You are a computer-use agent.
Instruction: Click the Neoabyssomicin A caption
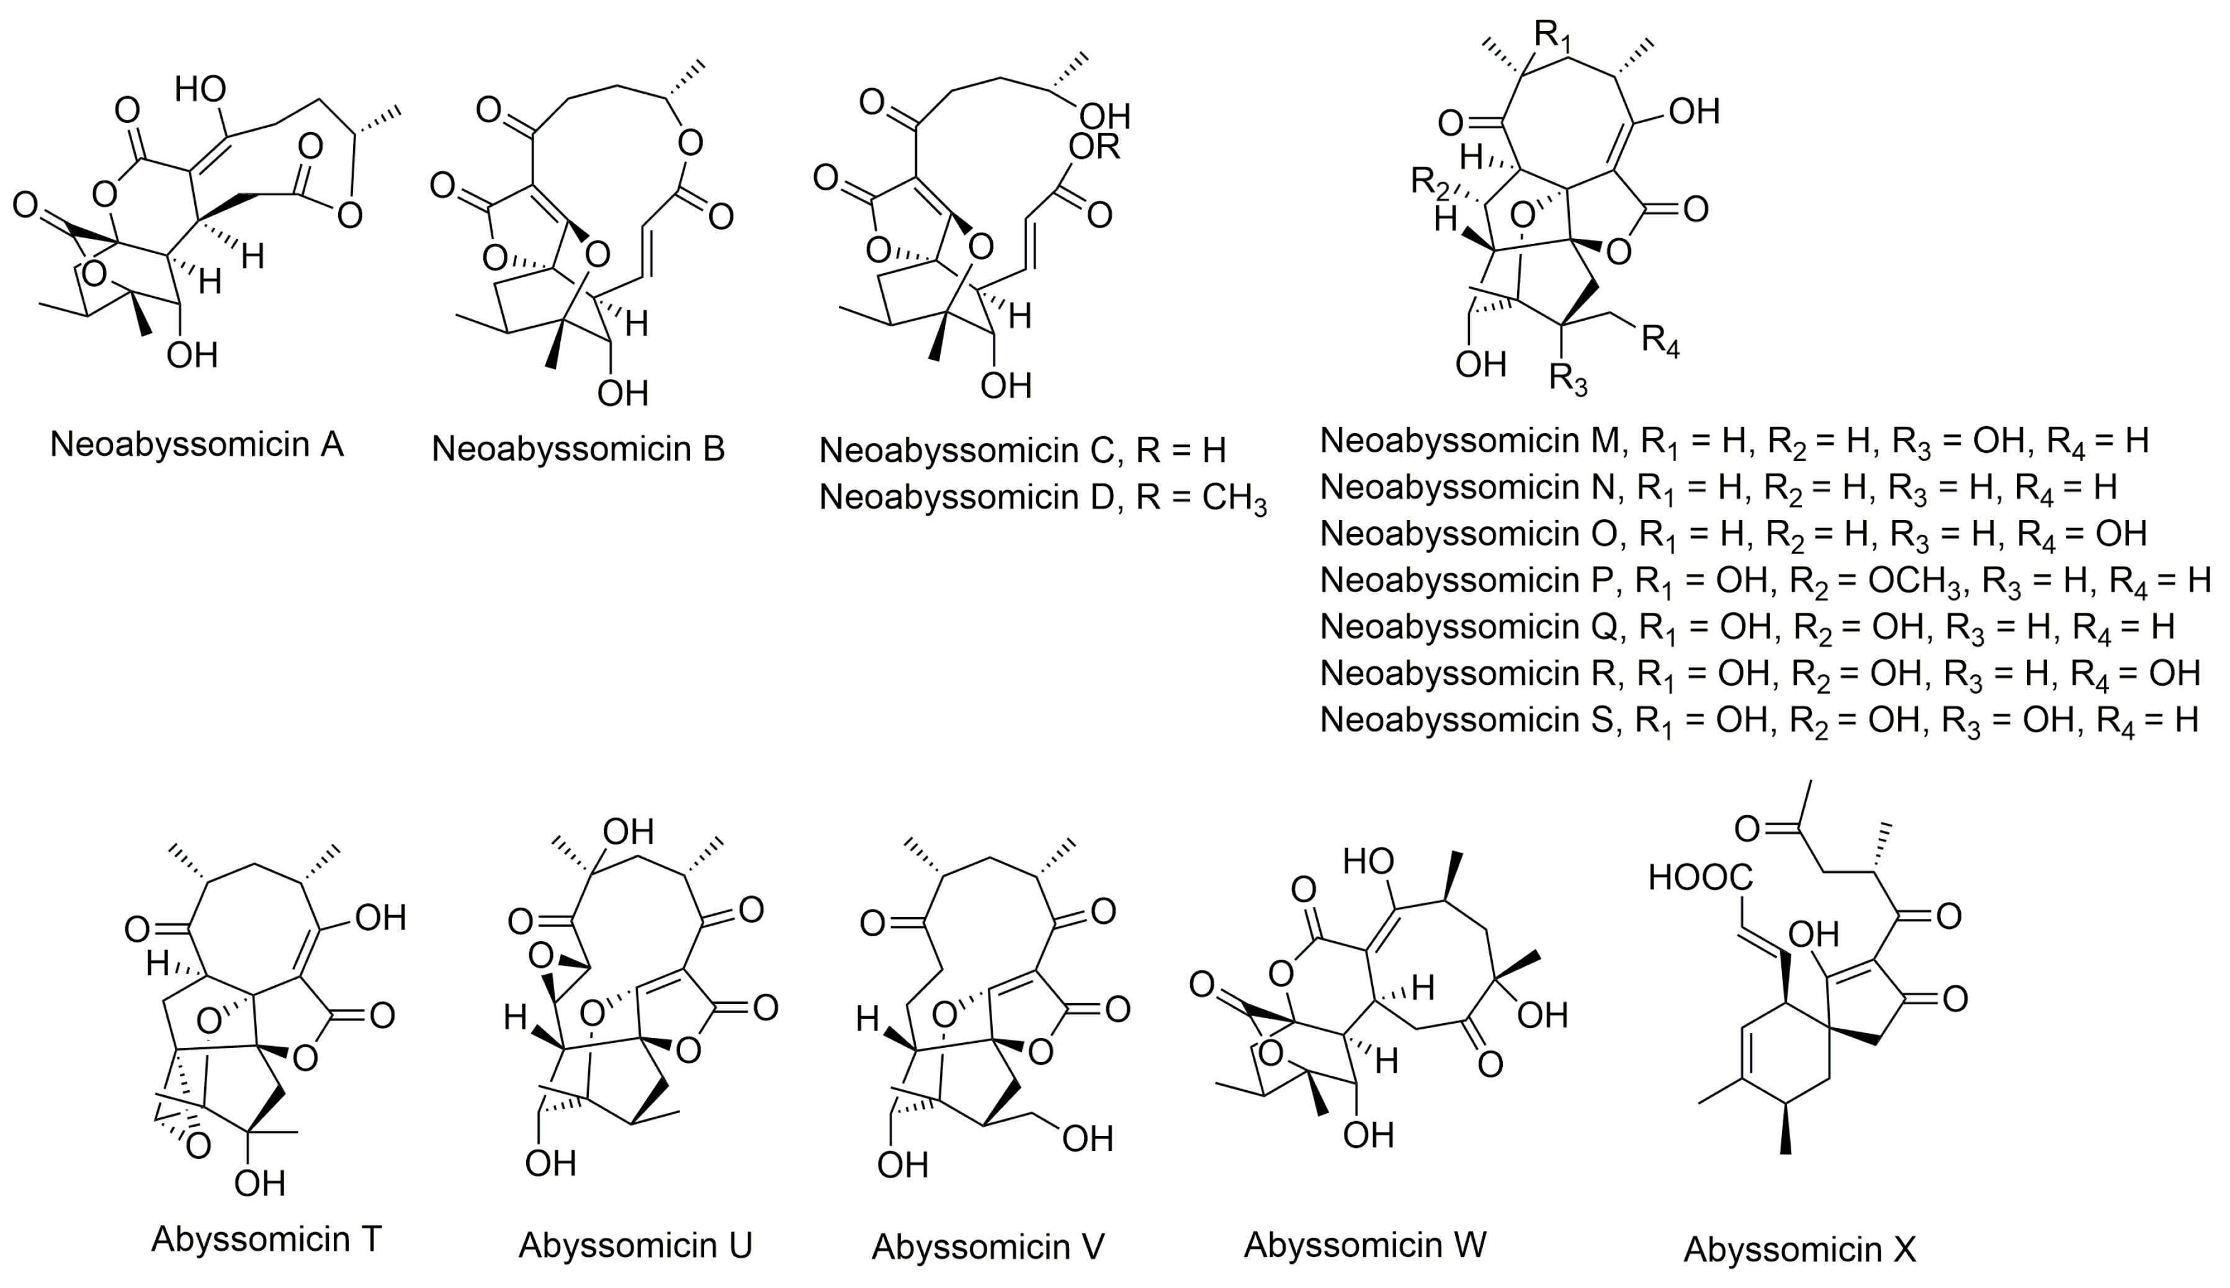tap(196, 444)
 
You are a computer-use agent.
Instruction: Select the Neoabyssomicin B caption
tap(578, 449)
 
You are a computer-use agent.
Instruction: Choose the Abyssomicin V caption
tap(987, 1246)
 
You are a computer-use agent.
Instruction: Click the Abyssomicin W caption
tap(1365, 1244)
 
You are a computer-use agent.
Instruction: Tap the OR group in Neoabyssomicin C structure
tap(1093, 147)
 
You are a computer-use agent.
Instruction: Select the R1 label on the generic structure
tap(1554, 35)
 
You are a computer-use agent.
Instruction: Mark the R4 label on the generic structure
tap(1660, 341)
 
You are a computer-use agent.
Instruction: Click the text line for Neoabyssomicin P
tap(1765, 580)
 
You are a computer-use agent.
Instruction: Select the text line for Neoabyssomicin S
tap(1758, 720)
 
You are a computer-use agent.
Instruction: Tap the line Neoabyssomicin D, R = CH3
tap(1042, 498)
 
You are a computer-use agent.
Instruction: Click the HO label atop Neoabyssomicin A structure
tap(200, 89)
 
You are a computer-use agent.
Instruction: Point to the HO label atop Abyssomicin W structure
tap(1368, 861)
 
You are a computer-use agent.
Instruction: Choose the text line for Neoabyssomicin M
tap(1734, 441)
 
